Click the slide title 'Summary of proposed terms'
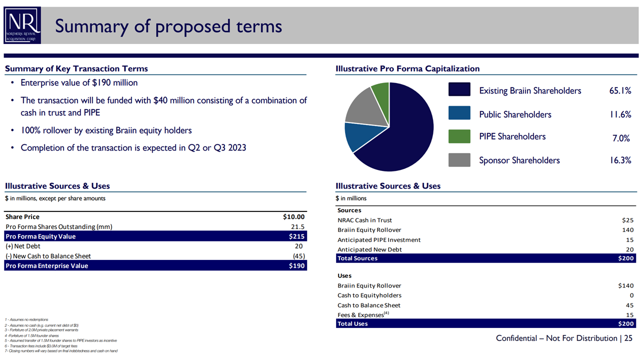(x=168, y=26)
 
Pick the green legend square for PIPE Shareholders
(x=459, y=136)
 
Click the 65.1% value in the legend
(x=619, y=91)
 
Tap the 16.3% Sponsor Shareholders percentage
(x=619, y=160)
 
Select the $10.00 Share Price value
(x=293, y=217)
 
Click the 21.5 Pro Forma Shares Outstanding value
(x=298, y=226)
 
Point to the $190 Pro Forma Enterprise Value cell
(x=296, y=266)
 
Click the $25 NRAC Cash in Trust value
(x=627, y=220)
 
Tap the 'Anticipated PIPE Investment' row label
(x=378, y=240)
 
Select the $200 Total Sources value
(x=625, y=258)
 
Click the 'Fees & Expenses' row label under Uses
(x=360, y=315)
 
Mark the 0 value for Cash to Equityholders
(x=631, y=295)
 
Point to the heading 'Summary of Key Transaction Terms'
(x=76, y=69)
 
